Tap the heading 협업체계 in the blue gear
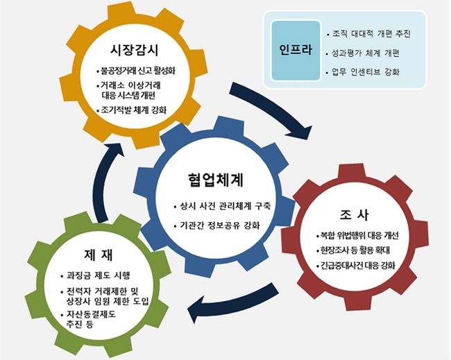coord(220,182)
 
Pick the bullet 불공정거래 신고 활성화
coord(138,71)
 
